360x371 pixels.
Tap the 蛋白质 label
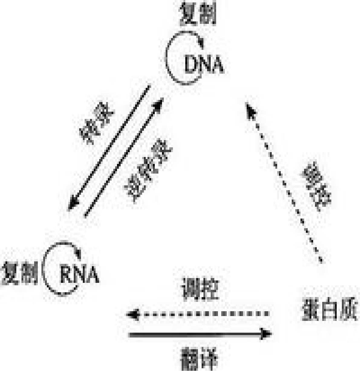[329, 309]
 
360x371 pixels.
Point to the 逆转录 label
[148, 171]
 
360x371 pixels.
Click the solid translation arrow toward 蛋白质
[199, 334]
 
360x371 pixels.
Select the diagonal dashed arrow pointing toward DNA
[284, 181]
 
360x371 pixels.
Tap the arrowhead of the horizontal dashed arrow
[132, 315]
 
